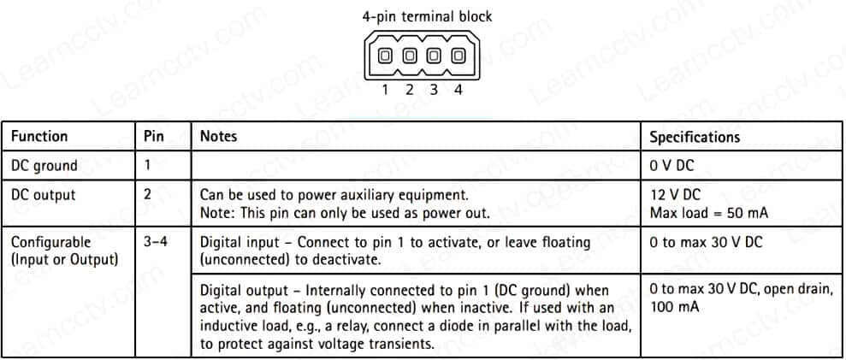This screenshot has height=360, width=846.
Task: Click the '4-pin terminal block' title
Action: pyautogui.click(x=428, y=15)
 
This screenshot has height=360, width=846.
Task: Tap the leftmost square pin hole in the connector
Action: pyautogui.click(x=386, y=56)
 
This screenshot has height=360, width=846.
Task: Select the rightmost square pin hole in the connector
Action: pyautogui.click(x=458, y=56)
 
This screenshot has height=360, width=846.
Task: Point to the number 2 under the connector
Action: pyautogui.click(x=410, y=90)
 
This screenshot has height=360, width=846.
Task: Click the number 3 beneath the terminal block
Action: pyautogui.click(x=434, y=90)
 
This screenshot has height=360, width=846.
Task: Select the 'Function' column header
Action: pyautogui.click(x=39, y=136)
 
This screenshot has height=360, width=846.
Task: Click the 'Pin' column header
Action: pyautogui.click(x=153, y=136)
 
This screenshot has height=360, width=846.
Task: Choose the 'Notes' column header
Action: pyautogui.click(x=218, y=136)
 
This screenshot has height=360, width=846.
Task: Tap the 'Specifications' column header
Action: pyautogui.click(x=695, y=136)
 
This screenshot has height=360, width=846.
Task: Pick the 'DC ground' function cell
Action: pyautogui.click(x=44, y=165)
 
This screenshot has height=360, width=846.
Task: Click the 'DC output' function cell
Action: pyautogui.click(x=43, y=195)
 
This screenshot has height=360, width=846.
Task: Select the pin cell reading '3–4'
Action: pyautogui.click(x=155, y=242)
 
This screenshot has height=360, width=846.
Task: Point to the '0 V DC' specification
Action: pyautogui.click(x=672, y=165)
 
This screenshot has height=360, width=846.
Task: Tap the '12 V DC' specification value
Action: pyautogui.click(x=675, y=195)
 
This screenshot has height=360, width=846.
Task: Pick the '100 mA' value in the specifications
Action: pyautogui.click(x=675, y=306)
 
